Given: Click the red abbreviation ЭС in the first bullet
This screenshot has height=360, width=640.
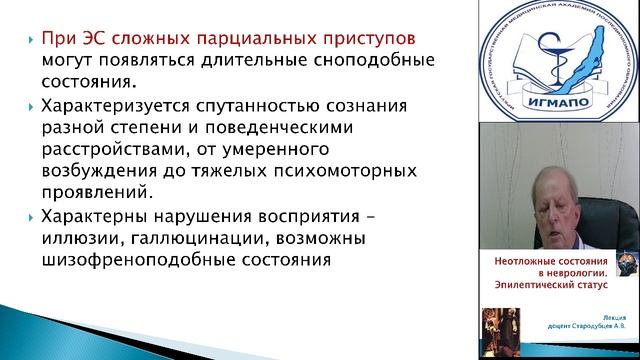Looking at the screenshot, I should point(87,38).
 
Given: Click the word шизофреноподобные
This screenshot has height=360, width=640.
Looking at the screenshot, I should point(130,261).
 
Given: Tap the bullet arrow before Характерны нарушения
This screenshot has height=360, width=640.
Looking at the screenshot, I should point(28,219).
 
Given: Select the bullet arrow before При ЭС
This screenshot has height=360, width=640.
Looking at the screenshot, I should point(28,38).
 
